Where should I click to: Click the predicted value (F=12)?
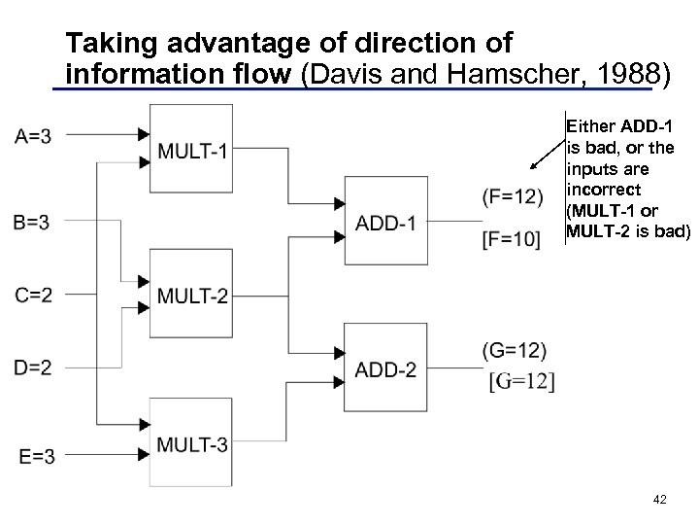pos(512,197)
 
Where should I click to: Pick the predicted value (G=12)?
pos(514,350)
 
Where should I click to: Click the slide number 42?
pos(660,499)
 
